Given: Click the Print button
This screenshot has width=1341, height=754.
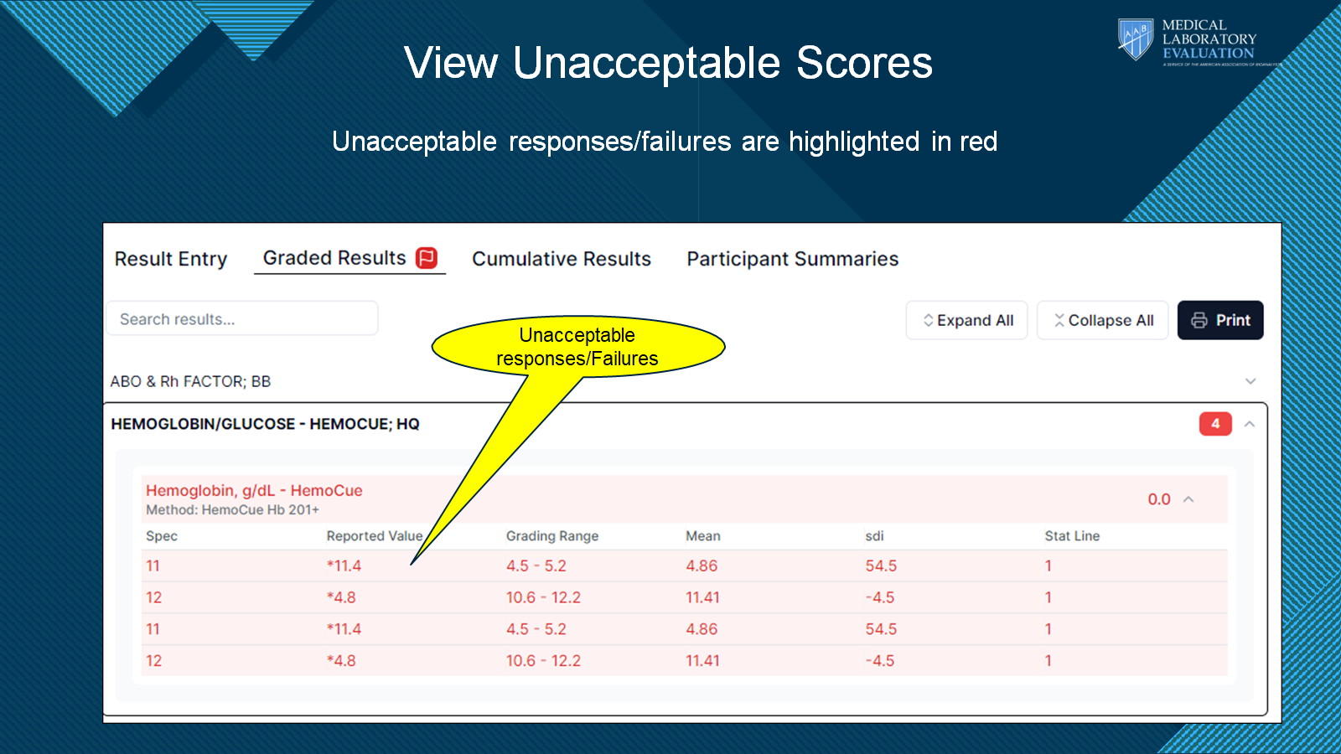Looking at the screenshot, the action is [x=1220, y=320].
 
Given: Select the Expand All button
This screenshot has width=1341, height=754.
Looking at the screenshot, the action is [x=967, y=320].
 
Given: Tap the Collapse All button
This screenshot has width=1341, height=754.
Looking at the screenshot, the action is [x=1103, y=320].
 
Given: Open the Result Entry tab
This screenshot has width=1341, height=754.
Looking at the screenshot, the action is [x=171, y=259].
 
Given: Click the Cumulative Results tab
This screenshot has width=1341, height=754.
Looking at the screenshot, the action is [x=561, y=259].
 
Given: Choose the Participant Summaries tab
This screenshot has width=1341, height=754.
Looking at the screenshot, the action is [x=793, y=259].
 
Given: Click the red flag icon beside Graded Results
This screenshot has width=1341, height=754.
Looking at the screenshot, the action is [x=427, y=258].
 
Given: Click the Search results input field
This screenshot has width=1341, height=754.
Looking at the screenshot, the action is [x=242, y=318].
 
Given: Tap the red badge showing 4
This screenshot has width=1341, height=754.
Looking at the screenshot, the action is [x=1215, y=424].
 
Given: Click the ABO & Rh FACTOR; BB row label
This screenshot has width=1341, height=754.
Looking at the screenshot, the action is [x=190, y=381].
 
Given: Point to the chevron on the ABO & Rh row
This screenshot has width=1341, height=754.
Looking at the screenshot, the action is [x=1250, y=381].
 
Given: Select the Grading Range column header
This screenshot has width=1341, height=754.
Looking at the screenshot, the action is [x=552, y=535].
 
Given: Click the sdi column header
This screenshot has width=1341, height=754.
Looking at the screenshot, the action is [x=874, y=535].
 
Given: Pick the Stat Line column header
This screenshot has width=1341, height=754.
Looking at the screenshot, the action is [x=1072, y=535].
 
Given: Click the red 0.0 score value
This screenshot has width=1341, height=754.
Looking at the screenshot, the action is [x=1159, y=499].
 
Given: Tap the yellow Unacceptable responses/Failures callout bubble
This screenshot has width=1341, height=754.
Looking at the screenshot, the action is [x=577, y=347].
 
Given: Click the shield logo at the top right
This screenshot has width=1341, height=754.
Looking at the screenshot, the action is [x=1135, y=39].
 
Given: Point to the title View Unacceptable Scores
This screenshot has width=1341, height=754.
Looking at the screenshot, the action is [x=668, y=62].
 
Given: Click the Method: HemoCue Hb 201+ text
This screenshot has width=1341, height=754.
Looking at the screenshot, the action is [x=232, y=510].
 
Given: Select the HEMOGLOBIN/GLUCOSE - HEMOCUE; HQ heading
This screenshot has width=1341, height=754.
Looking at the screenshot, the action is [x=265, y=424].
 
